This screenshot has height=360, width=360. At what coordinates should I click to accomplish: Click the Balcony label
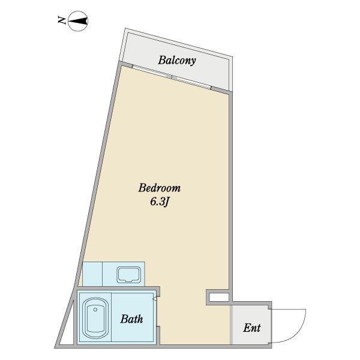click(177, 61)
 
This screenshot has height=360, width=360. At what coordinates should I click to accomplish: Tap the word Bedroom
click(160, 188)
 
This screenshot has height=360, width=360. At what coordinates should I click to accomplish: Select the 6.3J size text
click(160, 202)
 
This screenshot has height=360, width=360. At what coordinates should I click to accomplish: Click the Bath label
click(131, 319)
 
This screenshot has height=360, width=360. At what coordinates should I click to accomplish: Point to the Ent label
click(252, 328)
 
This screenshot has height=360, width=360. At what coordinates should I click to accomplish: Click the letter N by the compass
click(62, 20)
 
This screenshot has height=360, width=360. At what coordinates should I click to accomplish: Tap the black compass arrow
click(78, 21)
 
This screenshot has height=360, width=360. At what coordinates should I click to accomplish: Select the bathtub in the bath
click(95, 318)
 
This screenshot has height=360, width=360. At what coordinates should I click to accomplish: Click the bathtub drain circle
click(95, 310)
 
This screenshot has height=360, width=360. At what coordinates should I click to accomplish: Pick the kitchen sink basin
click(128, 275)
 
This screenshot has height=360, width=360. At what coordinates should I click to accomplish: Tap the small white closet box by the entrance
click(219, 298)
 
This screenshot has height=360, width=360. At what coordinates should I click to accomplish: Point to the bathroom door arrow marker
click(155, 299)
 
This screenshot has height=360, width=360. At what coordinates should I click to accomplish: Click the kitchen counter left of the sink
click(92, 274)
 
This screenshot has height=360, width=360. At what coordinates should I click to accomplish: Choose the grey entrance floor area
click(250, 325)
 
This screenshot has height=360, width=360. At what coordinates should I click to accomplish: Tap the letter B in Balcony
click(162, 60)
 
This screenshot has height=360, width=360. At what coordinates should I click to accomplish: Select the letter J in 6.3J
click(167, 202)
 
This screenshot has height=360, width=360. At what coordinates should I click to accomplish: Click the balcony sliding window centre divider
click(172, 76)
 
